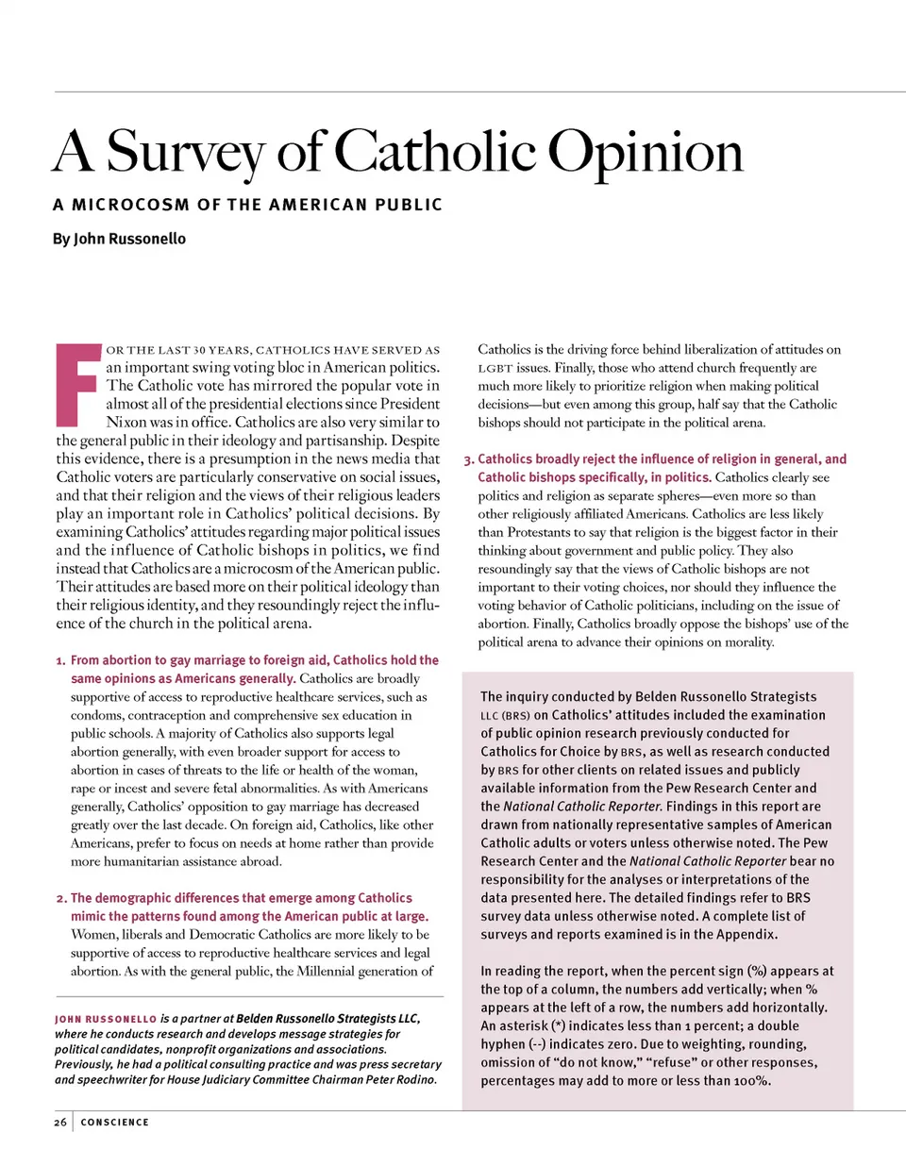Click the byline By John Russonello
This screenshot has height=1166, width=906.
(119, 239)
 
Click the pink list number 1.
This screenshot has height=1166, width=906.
(60, 660)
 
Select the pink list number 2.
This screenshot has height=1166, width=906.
(60, 898)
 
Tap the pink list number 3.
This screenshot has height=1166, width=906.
(468, 459)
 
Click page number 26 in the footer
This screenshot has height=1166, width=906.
(60, 1122)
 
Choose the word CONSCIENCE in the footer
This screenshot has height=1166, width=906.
(114, 1122)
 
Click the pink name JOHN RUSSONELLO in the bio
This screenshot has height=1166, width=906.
(106, 1020)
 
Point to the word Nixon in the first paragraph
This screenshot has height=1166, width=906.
(127, 422)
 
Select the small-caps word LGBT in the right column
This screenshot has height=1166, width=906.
(495, 368)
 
